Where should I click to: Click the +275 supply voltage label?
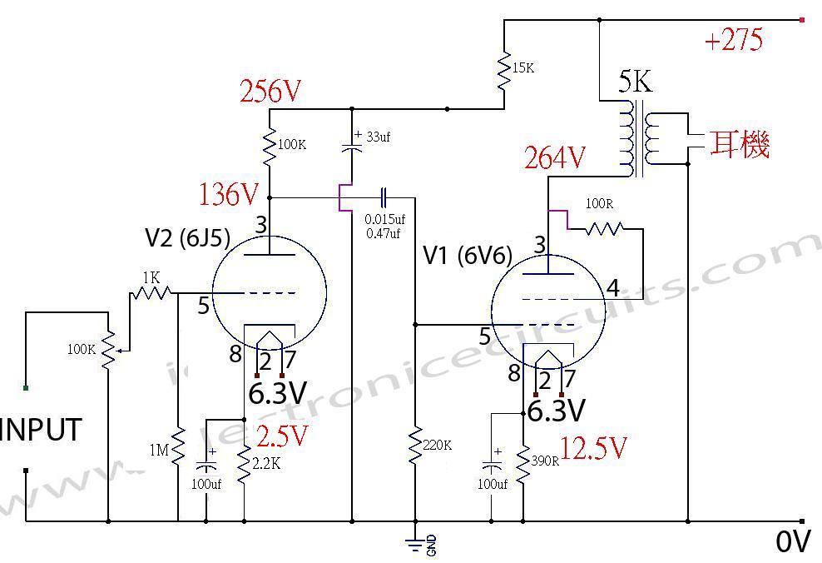[733, 40]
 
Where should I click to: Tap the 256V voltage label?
[270, 92]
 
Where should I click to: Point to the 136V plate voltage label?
[229, 195]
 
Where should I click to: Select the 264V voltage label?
[555, 157]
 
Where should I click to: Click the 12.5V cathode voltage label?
[593, 448]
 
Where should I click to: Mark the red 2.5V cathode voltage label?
[282, 435]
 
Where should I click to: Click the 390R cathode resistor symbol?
[524, 467]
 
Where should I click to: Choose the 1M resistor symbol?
[178, 450]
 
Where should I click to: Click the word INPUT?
[42, 431]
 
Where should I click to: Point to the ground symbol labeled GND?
[414, 544]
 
